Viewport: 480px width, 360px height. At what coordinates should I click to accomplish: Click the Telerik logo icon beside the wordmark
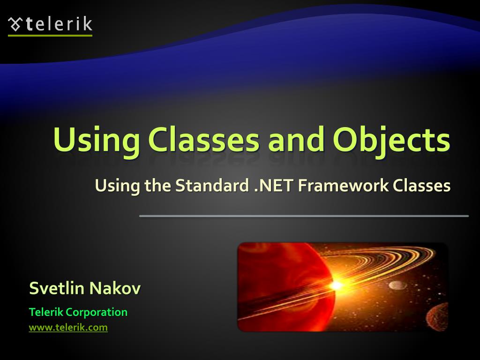(x=15, y=23)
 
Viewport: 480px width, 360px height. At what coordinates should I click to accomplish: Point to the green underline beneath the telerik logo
(x=50, y=35)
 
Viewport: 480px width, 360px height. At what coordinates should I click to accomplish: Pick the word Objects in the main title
(x=391, y=140)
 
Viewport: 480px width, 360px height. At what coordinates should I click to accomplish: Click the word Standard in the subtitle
(x=212, y=186)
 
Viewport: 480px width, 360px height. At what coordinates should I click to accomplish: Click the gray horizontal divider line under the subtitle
(x=304, y=216)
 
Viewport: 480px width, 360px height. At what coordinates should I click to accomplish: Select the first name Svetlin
(x=56, y=288)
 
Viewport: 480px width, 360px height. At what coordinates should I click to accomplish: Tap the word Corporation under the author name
(x=97, y=312)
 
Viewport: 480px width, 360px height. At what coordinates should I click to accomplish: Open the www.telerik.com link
(x=68, y=328)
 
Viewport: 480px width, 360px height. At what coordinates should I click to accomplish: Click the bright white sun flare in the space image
(x=336, y=284)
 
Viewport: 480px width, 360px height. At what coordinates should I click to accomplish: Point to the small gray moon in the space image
(x=397, y=285)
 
